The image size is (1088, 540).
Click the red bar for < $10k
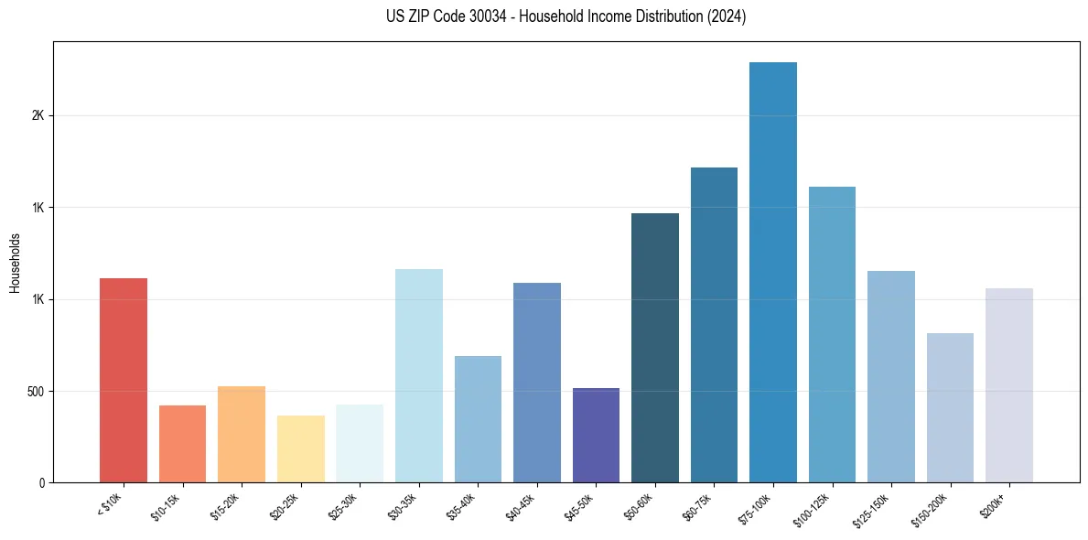coord(123,380)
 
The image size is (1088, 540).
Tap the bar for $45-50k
coord(596,436)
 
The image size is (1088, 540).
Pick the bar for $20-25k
coord(300,449)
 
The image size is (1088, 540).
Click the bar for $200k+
coord(1009,385)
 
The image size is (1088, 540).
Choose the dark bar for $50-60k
coord(655,348)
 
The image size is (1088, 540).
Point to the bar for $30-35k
coord(418,375)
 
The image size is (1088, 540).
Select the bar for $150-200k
coord(950,408)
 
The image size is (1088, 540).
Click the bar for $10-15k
coord(182,444)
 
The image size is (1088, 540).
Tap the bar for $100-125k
coord(832,335)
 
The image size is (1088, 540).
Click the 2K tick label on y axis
coord(38,116)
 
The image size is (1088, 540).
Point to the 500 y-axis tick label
coord(35,392)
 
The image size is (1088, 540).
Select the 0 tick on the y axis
coord(41,483)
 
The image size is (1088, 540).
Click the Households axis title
coord(15,262)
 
